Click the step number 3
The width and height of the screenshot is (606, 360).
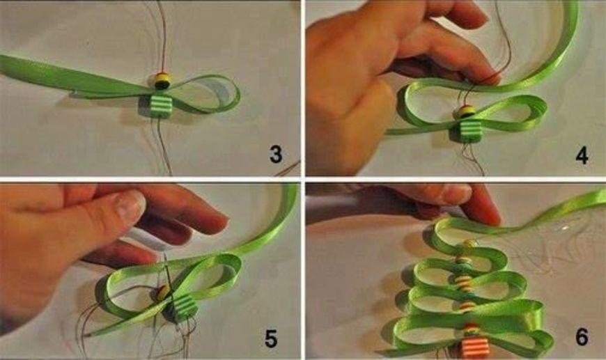click(276, 154)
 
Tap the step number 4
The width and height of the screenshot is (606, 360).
click(581, 156)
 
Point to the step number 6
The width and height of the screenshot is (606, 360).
click(582, 336)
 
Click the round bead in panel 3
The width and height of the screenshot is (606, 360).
click(163, 80)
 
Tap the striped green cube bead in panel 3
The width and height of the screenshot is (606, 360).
click(161, 106)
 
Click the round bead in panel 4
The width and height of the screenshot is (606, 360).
click(467, 111)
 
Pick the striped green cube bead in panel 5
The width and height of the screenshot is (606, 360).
click(184, 308)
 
